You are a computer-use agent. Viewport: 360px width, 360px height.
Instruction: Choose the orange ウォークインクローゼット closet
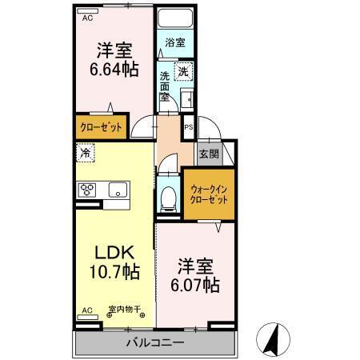click(209, 195)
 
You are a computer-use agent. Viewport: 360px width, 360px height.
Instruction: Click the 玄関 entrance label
click(208, 154)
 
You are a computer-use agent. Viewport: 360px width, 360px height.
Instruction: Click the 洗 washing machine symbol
click(183, 71)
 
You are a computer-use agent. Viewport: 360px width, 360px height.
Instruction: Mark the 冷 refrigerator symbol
click(84, 150)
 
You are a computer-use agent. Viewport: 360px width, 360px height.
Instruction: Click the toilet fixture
click(168, 198)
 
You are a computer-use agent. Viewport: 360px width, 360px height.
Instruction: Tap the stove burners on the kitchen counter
click(87, 190)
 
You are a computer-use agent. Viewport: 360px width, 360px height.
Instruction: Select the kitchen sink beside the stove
click(118, 190)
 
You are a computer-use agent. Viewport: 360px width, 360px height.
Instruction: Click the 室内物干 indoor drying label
click(124, 310)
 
